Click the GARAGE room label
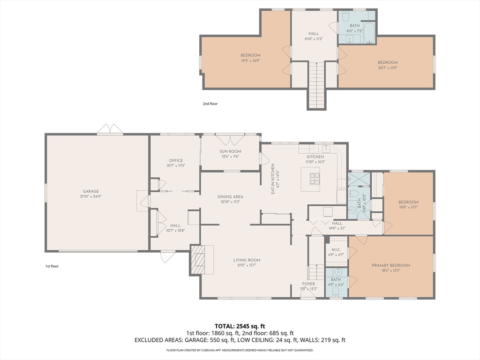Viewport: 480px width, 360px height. (x=90, y=191)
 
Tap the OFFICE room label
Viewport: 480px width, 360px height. (x=176, y=160)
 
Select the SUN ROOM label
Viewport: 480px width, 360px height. (x=230, y=151)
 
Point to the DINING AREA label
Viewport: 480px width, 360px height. (x=230, y=196)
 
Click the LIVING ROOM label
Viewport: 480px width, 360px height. (x=247, y=260)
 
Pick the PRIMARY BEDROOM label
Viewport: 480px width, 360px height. (x=390, y=265)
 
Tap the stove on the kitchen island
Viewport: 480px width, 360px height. (x=315, y=179)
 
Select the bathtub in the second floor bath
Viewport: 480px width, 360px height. (x=369, y=32)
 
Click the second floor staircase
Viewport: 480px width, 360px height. (x=316, y=85)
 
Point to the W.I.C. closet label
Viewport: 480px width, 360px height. (x=336, y=249)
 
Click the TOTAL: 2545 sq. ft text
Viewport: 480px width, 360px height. (x=240, y=326)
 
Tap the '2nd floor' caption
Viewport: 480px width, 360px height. (x=210, y=104)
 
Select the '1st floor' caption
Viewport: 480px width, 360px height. (x=52, y=266)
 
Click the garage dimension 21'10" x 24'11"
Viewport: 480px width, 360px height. (x=90, y=196)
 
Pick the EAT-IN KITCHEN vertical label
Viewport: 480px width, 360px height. (x=273, y=179)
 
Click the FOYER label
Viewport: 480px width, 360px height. (x=308, y=284)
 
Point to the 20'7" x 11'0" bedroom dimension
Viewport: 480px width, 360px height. (x=388, y=67)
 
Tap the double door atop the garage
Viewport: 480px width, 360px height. (x=110, y=128)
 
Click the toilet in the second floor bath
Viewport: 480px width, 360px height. (x=345, y=16)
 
